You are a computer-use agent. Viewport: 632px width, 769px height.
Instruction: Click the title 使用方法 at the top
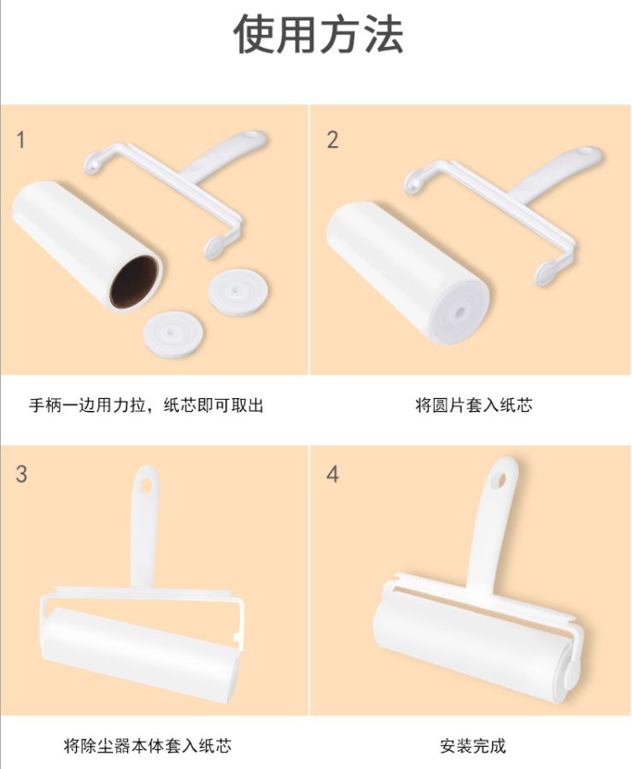point(318,35)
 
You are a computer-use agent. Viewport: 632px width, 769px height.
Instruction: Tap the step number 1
point(21,140)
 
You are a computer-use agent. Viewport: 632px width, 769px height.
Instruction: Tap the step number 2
point(332,140)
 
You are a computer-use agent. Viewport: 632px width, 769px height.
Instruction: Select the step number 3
point(21,473)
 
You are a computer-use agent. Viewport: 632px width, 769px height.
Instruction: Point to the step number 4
point(332,473)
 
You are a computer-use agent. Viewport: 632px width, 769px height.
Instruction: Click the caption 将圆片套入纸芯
point(473,405)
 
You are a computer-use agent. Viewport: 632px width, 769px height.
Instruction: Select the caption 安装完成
point(473,746)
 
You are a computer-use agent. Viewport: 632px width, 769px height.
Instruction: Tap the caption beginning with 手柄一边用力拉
point(146,405)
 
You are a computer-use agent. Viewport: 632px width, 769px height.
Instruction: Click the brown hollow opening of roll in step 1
point(134,283)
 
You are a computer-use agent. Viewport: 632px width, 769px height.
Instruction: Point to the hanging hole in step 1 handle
point(251,137)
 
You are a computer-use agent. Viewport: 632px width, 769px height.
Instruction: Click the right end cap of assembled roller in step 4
point(570,672)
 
